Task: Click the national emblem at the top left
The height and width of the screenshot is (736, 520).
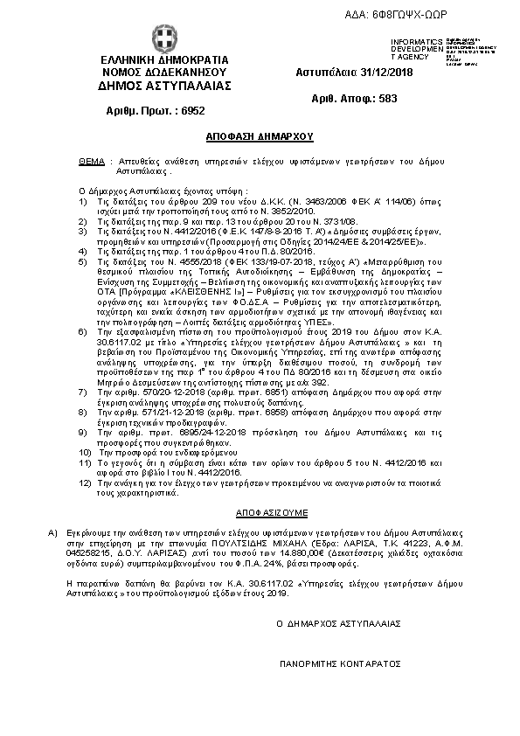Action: (x=163, y=39)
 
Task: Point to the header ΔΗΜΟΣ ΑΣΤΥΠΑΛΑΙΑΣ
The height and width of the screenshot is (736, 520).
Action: (x=165, y=86)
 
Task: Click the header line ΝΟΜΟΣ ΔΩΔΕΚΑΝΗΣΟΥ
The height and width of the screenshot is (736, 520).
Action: (x=164, y=73)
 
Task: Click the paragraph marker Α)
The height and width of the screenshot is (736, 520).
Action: (x=52, y=531)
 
